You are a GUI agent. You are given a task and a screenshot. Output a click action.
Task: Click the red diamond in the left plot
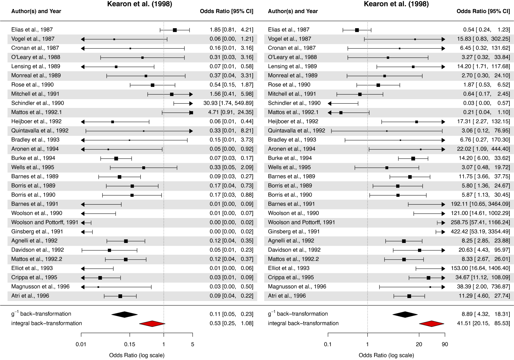click(152, 324)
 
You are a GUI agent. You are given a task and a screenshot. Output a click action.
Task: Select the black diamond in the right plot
click(405, 314)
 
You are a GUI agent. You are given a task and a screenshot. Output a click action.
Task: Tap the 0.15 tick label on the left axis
click(130, 344)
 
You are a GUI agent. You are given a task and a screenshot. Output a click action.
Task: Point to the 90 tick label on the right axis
click(445, 344)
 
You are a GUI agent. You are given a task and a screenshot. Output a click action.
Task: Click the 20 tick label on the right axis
click(419, 344)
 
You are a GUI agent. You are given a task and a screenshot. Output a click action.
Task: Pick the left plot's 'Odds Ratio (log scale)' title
click(137, 355)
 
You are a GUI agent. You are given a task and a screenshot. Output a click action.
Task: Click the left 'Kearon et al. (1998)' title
click(139, 4)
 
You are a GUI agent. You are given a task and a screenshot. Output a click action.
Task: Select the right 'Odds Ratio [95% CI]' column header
click(483, 11)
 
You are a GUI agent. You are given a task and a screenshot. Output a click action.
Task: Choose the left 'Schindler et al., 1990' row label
click(38, 103)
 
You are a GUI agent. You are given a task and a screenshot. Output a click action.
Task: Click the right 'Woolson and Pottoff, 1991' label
click(301, 222)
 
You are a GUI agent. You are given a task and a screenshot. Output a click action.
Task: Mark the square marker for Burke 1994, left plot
click(116, 158)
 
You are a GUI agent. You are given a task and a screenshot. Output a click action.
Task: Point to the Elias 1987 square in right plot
click(357, 30)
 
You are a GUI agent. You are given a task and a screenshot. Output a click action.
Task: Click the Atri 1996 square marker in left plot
click(120, 296)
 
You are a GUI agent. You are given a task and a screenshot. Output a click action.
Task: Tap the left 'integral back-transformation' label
click(46, 323)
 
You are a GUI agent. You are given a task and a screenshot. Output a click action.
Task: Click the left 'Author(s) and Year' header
click(36, 11)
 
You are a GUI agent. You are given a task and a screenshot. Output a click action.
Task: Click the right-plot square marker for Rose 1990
click(378, 85)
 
